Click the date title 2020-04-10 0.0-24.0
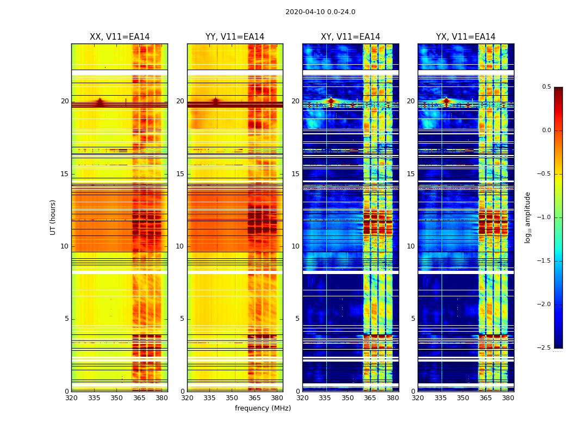click(x=320, y=12)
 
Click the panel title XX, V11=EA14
click(x=120, y=37)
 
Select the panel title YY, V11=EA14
click(x=235, y=37)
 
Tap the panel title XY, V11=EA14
click(x=350, y=37)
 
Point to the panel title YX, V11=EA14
click(x=466, y=37)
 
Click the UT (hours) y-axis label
click(x=53, y=217)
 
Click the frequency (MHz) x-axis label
click(x=263, y=408)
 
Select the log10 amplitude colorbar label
click(x=527, y=217)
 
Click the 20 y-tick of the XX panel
click(x=65, y=101)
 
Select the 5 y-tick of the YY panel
click(x=182, y=319)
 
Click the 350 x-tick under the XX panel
click(x=116, y=398)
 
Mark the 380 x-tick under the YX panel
click(x=508, y=398)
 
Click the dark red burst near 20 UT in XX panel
click(x=100, y=102)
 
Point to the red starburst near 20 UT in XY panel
click(x=331, y=101)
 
